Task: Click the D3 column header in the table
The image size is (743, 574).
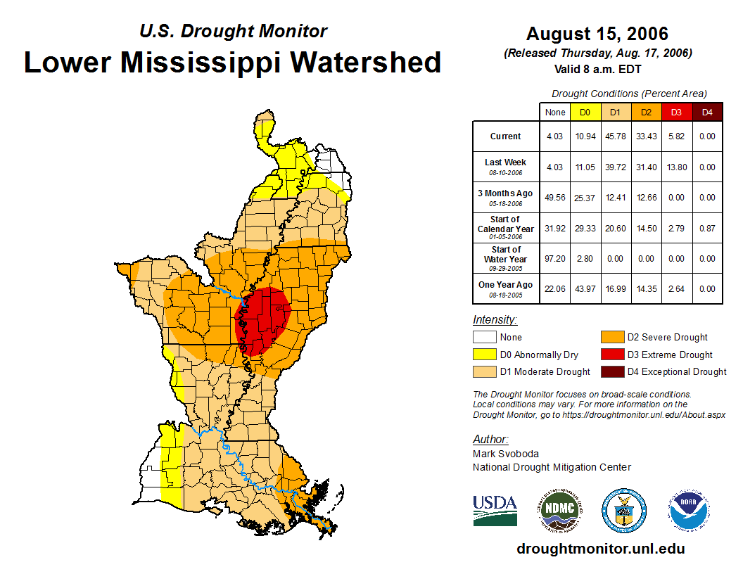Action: tap(676, 112)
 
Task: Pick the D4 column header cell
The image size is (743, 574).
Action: tap(707, 112)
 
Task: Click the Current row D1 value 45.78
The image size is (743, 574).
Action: tap(615, 136)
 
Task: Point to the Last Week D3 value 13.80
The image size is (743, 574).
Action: tap(676, 167)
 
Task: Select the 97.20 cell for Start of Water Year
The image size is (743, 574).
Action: tap(554, 259)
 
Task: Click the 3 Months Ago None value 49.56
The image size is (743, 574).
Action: tap(554, 198)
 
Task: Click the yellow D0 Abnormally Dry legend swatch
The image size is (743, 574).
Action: tap(484, 355)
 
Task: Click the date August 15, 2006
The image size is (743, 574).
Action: tap(597, 34)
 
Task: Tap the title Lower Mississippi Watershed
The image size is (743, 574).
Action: tap(233, 62)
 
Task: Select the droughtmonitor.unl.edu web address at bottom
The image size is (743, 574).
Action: tap(600, 549)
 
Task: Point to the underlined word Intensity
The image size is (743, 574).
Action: tap(495, 320)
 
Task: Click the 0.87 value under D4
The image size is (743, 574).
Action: tap(707, 229)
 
